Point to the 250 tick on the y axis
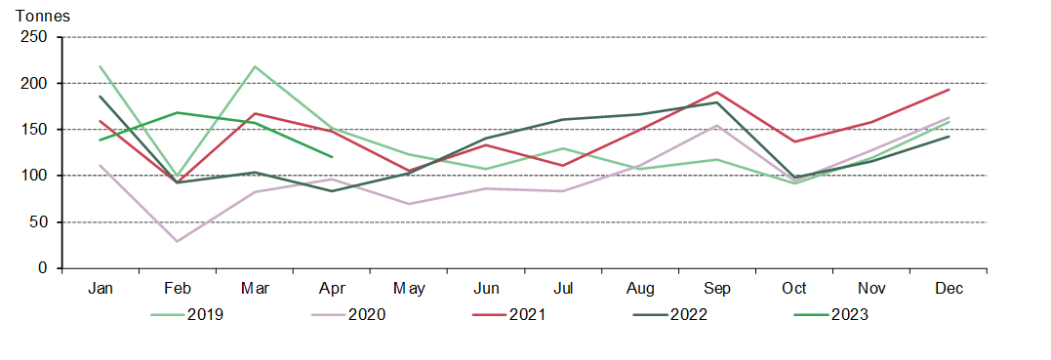pyautogui.click(x=35, y=37)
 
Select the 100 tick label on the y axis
pyautogui.click(x=35, y=176)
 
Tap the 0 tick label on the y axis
pyautogui.click(x=43, y=268)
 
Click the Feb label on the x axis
pyautogui.click(x=177, y=288)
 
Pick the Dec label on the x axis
pyautogui.click(x=949, y=288)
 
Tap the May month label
pyautogui.click(x=409, y=288)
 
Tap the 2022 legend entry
pyautogui.click(x=681, y=314)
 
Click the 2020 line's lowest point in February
pyautogui.click(x=177, y=241)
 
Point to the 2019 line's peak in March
pyautogui.click(x=254, y=66)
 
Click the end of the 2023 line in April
pyautogui.click(x=332, y=157)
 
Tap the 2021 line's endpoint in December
pyautogui.click(x=949, y=90)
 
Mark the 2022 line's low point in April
pyautogui.click(x=332, y=191)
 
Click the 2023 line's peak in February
pyautogui.click(x=177, y=112)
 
